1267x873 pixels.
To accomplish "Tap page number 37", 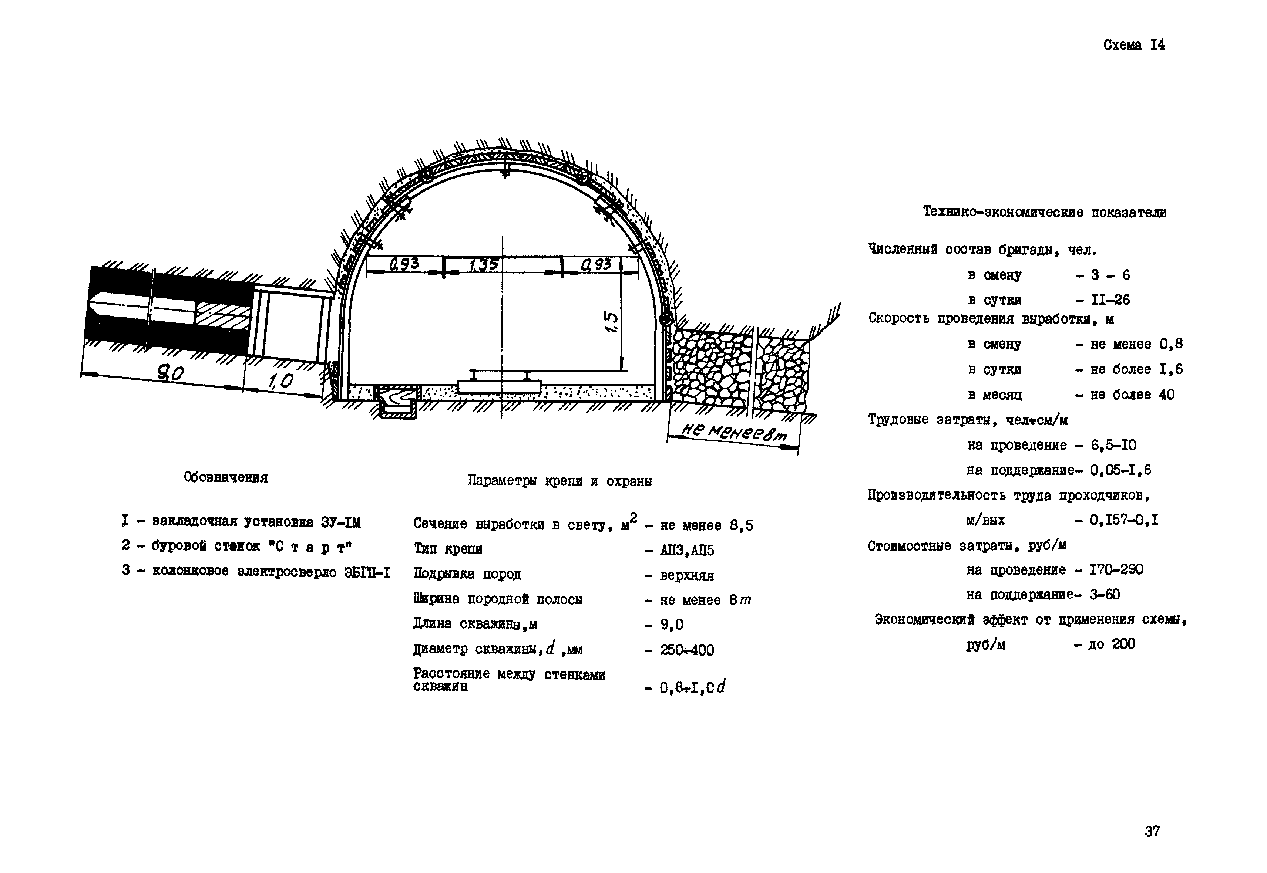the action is [1152, 831].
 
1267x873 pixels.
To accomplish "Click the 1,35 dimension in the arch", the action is [484, 265].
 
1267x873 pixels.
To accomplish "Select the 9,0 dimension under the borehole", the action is [171, 374].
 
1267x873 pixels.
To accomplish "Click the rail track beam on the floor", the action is [499, 386].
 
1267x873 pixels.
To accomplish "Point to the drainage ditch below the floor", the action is [396, 402].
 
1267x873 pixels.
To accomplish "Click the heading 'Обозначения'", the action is [226, 477].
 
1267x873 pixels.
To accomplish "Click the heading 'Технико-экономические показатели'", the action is [1045, 212].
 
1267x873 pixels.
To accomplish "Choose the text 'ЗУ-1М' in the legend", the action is [340, 523].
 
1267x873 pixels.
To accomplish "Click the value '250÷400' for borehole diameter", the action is [687, 650].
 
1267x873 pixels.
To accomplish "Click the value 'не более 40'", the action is [1132, 395].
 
